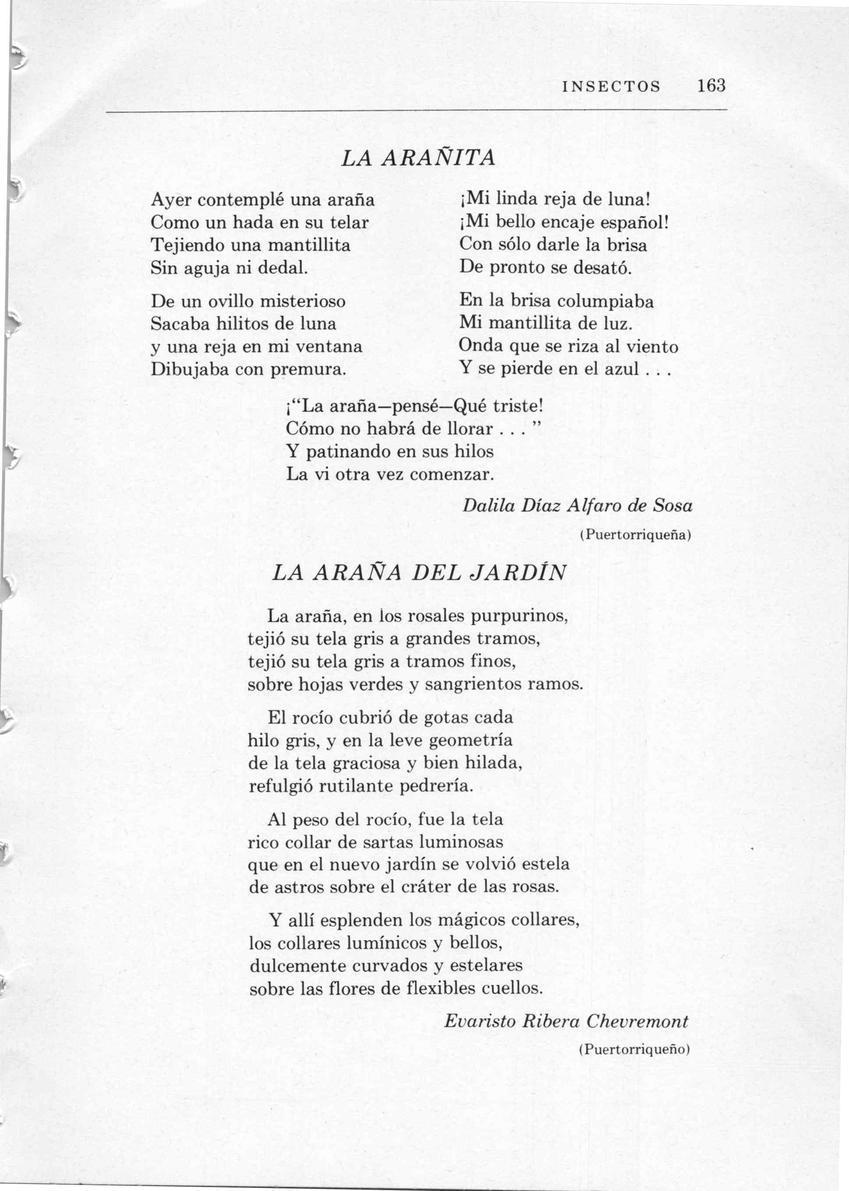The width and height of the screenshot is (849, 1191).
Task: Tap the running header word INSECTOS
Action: (x=611, y=86)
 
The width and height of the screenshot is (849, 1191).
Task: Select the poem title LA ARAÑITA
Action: (x=417, y=158)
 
